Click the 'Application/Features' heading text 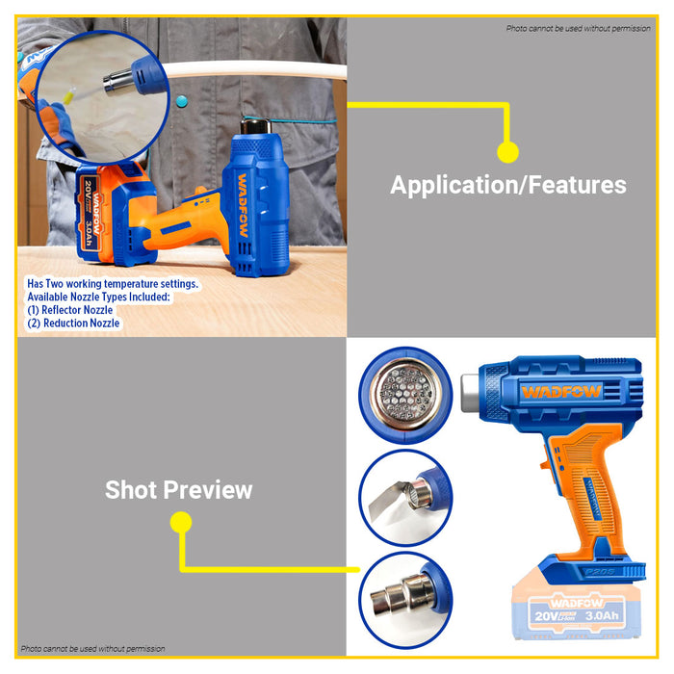click(507, 185)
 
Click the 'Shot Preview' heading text click(178, 489)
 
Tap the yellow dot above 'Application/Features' click(507, 151)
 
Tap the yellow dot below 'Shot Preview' click(181, 523)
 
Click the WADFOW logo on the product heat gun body click(562, 392)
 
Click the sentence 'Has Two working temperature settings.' click(113, 284)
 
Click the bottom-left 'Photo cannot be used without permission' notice click(92, 649)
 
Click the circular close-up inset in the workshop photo click(96, 85)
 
